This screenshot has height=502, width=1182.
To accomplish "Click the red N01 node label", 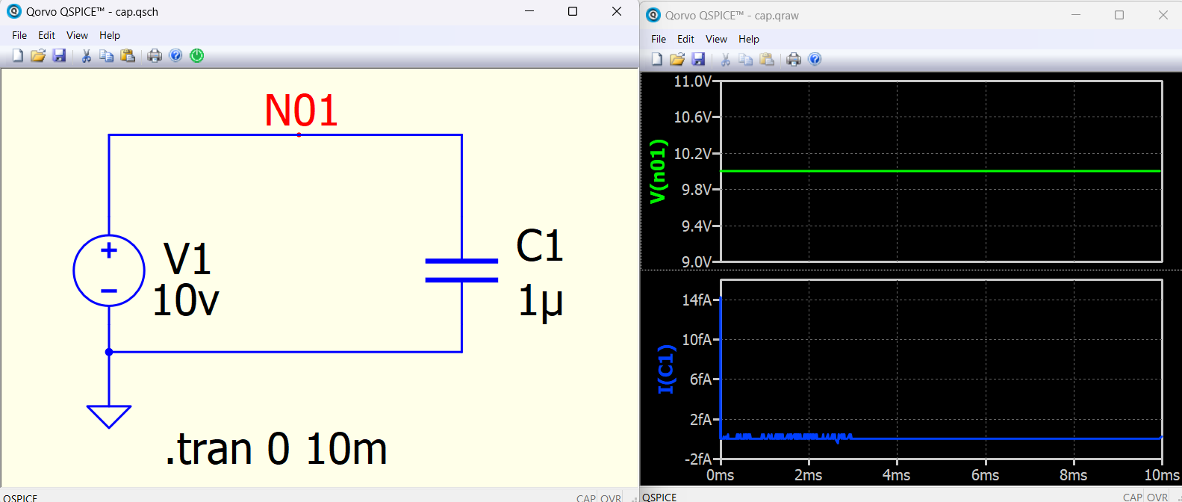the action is click(x=301, y=111).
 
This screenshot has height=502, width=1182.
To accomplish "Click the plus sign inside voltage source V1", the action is click(x=109, y=250).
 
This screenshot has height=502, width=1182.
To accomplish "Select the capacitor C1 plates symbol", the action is click(x=461, y=270).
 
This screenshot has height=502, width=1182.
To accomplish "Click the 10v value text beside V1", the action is click(x=186, y=300).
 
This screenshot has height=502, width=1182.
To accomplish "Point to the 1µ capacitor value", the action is click(x=541, y=302).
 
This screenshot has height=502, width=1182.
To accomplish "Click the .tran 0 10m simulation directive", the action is click(x=276, y=449).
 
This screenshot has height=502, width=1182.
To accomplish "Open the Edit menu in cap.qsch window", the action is click(x=46, y=35).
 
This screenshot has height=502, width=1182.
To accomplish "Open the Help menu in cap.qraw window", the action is click(x=748, y=39).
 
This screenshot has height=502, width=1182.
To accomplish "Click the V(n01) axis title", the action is click(x=659, y=172).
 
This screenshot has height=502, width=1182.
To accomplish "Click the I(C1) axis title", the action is click(x=667, y=370).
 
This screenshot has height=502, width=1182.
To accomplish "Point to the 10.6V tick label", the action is click(x=692, y=117).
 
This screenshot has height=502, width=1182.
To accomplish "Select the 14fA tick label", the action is click(x=697, y=300).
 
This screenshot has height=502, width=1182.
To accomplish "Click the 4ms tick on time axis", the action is click(x=896, y=476).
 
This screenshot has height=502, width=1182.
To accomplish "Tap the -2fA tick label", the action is click(x=697, y=459).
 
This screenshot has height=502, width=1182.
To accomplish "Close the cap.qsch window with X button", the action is click(x=616, y=12).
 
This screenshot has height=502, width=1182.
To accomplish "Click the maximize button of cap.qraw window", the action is click(x=1119, y=15).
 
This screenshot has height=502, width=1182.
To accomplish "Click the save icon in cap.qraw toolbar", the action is click(x=698, y=59).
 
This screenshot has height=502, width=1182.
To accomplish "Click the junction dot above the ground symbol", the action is click(x=109, y=352).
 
